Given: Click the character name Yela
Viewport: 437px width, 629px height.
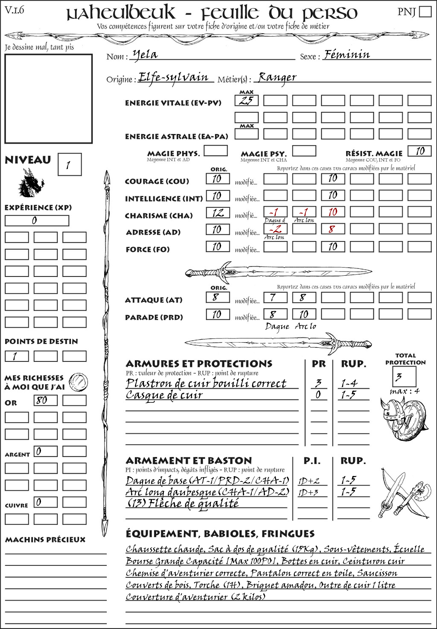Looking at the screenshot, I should pyautogui.click(x=145, y=55).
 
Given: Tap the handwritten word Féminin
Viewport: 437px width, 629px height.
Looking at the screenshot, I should pyautogui.click(x=347, y=55).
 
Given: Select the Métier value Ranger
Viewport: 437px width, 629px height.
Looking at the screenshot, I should pyautogui.click(x=277, y=77).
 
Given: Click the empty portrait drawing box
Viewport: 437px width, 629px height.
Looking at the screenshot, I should pyautogui.click(x=48, y=99).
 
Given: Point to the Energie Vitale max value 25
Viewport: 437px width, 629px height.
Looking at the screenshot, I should pyautogui.click(x=246, y=101).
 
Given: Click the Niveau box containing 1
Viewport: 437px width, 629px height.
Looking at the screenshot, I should pyautogui.click(x=69, y=164).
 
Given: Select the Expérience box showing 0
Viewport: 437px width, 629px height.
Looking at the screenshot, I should pyautogui.click(x=37, y=221).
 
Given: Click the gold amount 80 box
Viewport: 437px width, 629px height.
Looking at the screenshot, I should pyautogui.click(x=45, y=400).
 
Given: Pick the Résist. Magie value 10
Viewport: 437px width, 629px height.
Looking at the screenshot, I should pyautogui.click(x=419, y=151).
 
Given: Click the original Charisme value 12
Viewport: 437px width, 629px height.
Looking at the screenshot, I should pyautogui.click(x=218, y=213).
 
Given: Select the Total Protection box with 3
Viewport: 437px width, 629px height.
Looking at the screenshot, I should pyautogui.click(x=404, y=376).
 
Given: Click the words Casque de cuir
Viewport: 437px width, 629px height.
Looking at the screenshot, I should pyautogui.click(x=164, y=395).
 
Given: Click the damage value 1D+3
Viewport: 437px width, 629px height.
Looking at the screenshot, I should pyautogui.click(x=309, y=492).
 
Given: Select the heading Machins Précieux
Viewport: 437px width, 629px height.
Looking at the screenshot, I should pyautogui.click(x=45, y=540).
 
